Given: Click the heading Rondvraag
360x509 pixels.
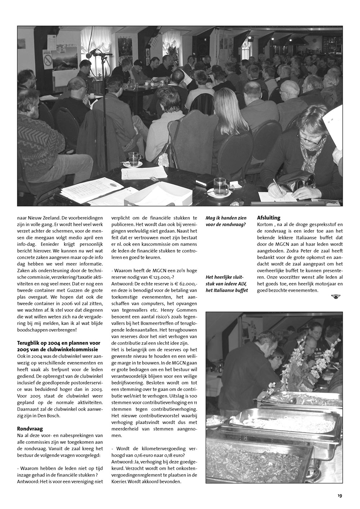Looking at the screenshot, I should [30, 429].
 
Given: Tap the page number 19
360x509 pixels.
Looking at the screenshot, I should [340, 496].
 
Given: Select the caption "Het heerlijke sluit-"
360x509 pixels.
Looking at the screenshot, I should [225, 277].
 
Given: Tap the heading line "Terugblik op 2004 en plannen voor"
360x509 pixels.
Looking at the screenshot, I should [59, 343].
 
